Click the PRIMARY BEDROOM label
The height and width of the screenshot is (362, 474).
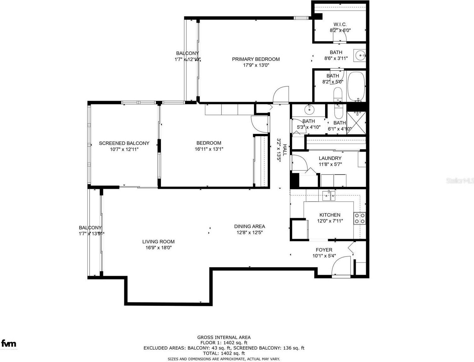[256, 59]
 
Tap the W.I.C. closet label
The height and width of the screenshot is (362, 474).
[340, 25]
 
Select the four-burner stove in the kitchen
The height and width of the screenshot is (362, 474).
[360, 218]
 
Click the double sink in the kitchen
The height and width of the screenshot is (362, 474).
[329, 196]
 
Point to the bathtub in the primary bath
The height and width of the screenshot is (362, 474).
[356, 86]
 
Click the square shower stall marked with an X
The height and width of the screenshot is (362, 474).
[356, 123]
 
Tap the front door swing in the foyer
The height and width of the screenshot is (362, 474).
[341, 267]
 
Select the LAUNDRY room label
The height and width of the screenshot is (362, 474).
[330, 158]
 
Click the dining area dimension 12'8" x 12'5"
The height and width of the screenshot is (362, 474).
[250, 233]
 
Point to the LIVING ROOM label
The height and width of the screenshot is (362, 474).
[158, 242]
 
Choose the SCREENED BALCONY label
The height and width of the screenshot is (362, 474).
[124, 143]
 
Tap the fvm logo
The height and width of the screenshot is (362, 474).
[9, 343]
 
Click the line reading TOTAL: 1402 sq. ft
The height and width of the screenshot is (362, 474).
[224, 353]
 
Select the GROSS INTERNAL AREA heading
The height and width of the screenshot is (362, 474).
[224, 337]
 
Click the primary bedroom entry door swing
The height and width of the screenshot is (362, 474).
[281, 95]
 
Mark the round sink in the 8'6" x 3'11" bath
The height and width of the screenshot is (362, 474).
[360, 56]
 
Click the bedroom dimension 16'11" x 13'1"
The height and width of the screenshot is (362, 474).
[209, 149]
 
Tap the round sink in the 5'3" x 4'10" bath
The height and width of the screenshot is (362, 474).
[309, 110]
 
